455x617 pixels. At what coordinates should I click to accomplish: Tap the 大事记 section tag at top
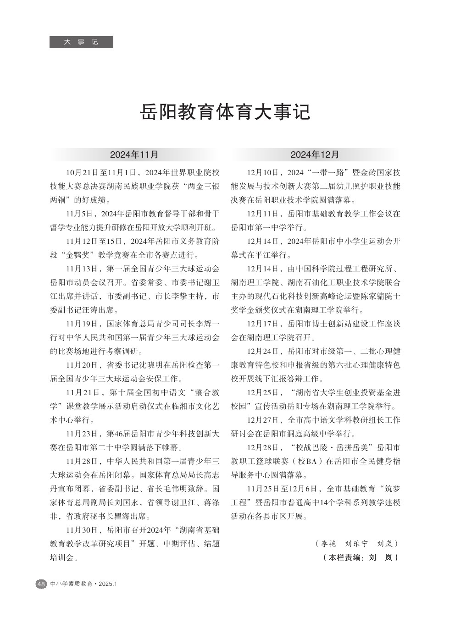pos(81,42)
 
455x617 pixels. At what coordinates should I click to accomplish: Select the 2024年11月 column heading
pos(134,154)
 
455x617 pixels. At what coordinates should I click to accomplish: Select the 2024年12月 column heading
pos(315,154)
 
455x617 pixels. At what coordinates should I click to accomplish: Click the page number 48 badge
pos(41,584)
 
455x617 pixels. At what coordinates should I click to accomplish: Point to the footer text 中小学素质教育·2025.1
pos(84,584)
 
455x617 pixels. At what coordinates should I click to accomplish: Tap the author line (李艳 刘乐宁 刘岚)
pos(357,544)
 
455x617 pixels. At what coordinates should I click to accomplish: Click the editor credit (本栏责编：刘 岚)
pos(361,558)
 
